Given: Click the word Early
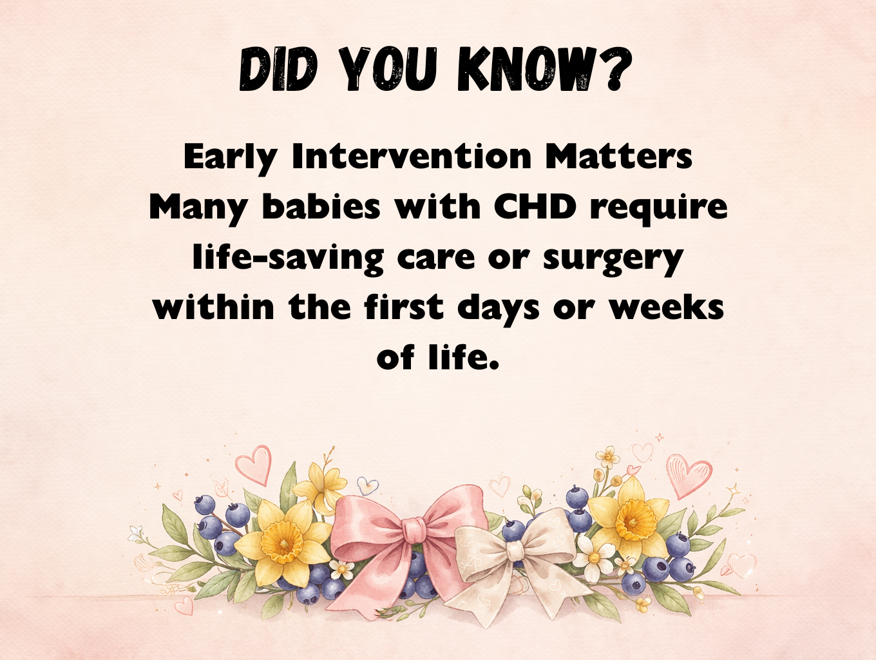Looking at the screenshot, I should tap(230, 157).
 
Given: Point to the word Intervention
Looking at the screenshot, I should tap(412, 157).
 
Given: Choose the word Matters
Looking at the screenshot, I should tap(619, 157).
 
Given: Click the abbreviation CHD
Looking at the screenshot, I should tap(535, 207).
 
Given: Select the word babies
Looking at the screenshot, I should tap(321, 207).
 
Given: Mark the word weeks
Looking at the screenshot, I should tap(667, 307).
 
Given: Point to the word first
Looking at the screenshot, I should tap(405, 307).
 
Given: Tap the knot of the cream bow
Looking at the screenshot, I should tap(515, 550).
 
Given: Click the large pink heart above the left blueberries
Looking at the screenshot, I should tap(252, 465).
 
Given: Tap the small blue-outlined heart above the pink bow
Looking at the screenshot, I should tap(367, 485).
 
